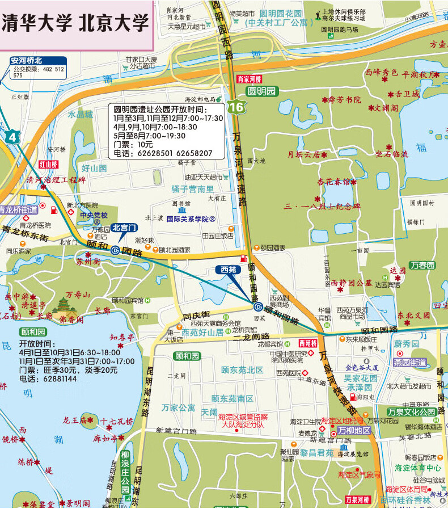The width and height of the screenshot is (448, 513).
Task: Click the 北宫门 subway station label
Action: click(x=124, y=228)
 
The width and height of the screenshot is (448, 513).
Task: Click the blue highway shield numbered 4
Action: click(x=12, y=137)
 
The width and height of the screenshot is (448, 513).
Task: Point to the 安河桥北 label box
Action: click(x=33, y=60)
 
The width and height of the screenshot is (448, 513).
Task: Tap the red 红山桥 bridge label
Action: click(x=49, y=164)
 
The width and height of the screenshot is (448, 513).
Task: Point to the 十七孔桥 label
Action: click(x=117, y=421)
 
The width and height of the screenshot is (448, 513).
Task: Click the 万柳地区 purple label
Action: click(x=354, y=430)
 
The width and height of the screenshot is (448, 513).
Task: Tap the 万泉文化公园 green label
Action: click(x=412, y=411)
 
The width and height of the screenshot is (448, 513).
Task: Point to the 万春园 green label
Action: click(x=422, y=265)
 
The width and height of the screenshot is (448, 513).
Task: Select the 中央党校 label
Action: click(x=94, y=216)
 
